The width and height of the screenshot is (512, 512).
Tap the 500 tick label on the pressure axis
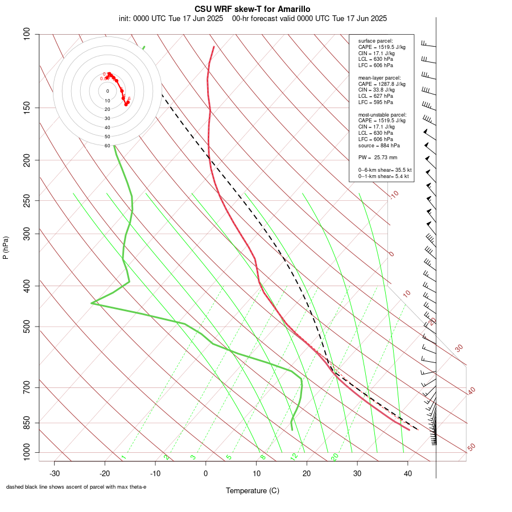27,327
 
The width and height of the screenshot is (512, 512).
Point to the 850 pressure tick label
27,423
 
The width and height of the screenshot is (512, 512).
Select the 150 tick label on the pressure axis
27,108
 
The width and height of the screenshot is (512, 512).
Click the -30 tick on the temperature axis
55,473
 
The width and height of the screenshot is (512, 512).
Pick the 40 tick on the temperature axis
407,473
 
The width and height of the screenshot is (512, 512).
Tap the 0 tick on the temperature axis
206,473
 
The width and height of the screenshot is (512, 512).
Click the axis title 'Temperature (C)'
252,490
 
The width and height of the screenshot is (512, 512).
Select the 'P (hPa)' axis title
6,248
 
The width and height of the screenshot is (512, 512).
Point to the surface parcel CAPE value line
382,47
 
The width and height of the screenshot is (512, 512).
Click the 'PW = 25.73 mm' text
377,157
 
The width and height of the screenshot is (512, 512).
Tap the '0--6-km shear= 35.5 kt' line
385,170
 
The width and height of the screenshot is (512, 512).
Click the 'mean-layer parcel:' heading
379,77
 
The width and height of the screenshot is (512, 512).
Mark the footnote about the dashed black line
76,487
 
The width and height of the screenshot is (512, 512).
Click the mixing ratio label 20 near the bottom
335,456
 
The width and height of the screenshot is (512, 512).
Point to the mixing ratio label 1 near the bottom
123,457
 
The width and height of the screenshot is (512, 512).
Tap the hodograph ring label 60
107,146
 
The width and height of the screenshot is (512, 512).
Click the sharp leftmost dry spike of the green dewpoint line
92,303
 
